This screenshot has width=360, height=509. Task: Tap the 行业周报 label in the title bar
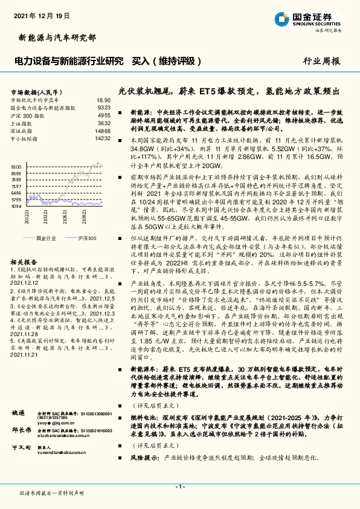[321, 61]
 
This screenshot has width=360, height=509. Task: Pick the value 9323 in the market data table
[104, 107]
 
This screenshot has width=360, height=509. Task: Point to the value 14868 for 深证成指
[103, 131]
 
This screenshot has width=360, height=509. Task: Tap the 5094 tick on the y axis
[16, 206]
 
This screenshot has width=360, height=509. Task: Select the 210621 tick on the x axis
[63, 215]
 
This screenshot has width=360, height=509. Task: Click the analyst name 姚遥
[19, 412]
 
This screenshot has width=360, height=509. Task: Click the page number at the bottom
[179, 487]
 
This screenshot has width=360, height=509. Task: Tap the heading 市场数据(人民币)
[36, 90]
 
